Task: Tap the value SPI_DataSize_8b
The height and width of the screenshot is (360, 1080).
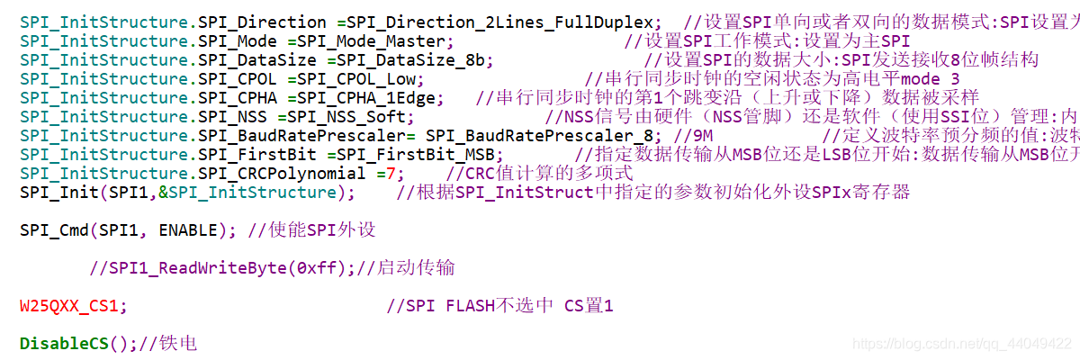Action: (x=409, y=59)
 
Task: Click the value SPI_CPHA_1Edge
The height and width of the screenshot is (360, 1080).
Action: (x=370, y=97)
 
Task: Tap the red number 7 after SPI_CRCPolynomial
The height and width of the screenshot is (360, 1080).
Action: (x=390, y=173)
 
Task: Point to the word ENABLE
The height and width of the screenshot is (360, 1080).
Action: (x=189, y=229)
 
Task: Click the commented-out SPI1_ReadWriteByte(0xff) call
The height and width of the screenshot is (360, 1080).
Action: (x=225, y=267)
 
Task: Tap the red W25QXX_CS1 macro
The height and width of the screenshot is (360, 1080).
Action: (x=68, y=305)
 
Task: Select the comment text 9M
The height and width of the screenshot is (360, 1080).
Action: (x=697, y=135)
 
